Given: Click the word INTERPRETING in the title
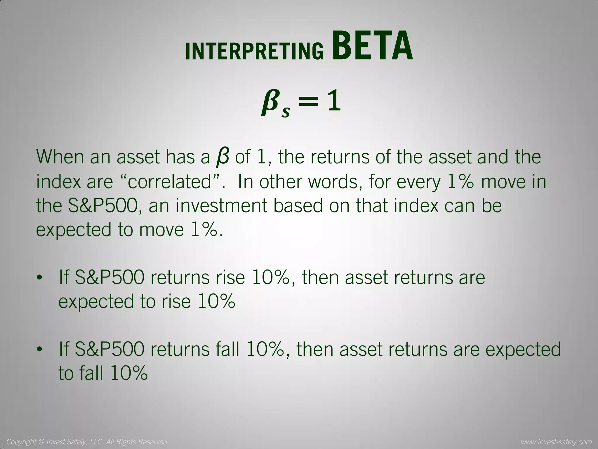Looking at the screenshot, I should pos(254,51).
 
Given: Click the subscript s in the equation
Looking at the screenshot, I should pos(286,112).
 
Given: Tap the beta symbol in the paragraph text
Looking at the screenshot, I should pos(222,157).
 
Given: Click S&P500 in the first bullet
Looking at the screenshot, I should pos(109,277).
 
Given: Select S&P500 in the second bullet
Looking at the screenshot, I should pos(109,349).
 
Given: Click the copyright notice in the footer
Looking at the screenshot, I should pos(87,441).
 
